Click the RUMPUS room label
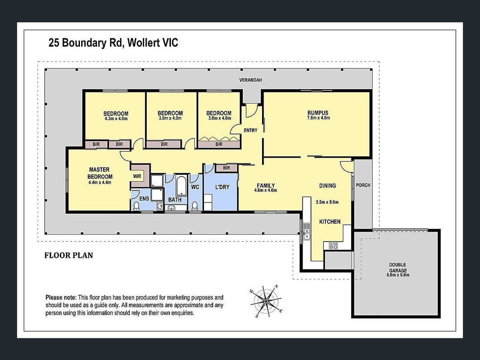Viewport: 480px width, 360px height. point(318,113)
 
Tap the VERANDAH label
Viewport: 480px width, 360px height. point(250,80)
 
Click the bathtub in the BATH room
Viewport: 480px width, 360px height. point(181,186)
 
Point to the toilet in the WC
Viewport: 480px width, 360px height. point(194,206)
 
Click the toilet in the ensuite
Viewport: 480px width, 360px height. point(136,206)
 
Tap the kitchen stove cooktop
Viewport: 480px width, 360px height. point(333,246)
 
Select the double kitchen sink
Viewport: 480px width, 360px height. point(306,234)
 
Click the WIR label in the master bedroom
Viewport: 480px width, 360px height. point(137,176)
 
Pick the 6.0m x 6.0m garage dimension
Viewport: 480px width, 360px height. point(398,275)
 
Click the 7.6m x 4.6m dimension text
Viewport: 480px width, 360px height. point(319,118)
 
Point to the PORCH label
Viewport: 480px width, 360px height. point(363,185)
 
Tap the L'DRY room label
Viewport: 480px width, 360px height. point(222,187)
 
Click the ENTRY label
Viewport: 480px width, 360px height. point(250,130)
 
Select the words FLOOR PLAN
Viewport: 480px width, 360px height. point(69,255)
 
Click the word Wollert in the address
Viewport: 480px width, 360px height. point(143,43)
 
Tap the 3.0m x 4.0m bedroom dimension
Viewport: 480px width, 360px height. point(219,118)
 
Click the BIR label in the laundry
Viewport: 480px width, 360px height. point(226,168)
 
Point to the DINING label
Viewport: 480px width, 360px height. point(327,186)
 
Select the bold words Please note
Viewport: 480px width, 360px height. point(61,298)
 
